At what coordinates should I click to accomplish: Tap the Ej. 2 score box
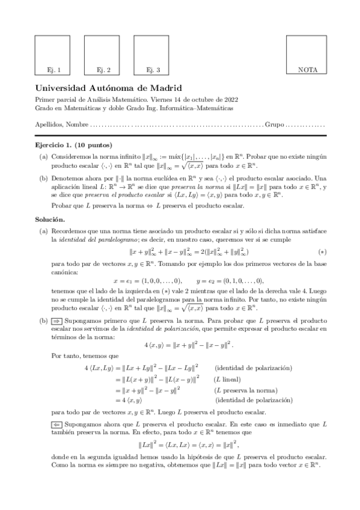pyautogui.click(x=103, y=55)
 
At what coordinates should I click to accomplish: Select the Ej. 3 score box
pyautogui.click(x=153, y=55)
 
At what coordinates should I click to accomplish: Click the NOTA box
pyautogui.click(x=307, y=55)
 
